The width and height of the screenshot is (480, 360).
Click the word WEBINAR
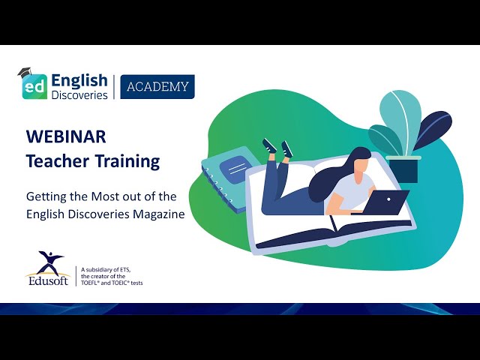(x=66, y=136)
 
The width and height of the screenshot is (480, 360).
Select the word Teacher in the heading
(x=53, y=160)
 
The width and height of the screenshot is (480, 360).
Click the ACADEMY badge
(x=157, y=86)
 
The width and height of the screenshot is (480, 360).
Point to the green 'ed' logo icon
(x=34, y=86)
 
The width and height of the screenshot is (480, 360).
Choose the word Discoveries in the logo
(x=79, y=94)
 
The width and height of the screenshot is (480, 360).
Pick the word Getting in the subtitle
(x=46, y=197)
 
